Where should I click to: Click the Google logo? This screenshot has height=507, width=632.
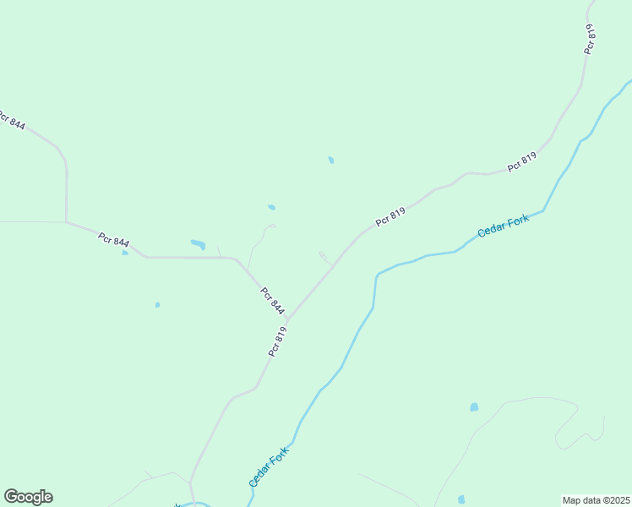click(x=28, y=497)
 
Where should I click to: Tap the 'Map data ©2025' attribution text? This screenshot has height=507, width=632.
click(x=596, y=500)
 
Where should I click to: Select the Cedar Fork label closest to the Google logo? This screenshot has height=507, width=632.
click(x=269, y=466)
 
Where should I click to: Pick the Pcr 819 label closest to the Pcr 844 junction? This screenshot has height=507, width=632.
click(x=278, y=341)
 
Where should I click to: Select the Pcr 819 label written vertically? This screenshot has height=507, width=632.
click(x=590, y=39)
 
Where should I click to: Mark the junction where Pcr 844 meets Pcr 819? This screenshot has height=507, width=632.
click(x=288, y=319)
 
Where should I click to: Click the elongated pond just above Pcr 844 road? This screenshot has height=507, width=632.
click(x=198, y=245)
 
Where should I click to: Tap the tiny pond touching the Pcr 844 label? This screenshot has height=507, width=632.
click(x=125, y=252)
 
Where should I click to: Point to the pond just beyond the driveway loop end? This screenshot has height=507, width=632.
click(x=271, y=207)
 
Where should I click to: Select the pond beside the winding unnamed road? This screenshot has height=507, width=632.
click(x=474, y=407)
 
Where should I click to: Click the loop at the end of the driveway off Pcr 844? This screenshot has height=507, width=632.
click(x=270, y=226)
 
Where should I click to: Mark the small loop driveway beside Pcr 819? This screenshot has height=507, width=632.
click(x=324, y=257)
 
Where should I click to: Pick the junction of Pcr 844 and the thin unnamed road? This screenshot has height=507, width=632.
click(x=67, y=222)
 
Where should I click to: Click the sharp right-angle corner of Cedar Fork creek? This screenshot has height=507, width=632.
click(x=376, y=275)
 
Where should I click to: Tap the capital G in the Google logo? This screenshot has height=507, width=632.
click(x=12, y=497)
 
